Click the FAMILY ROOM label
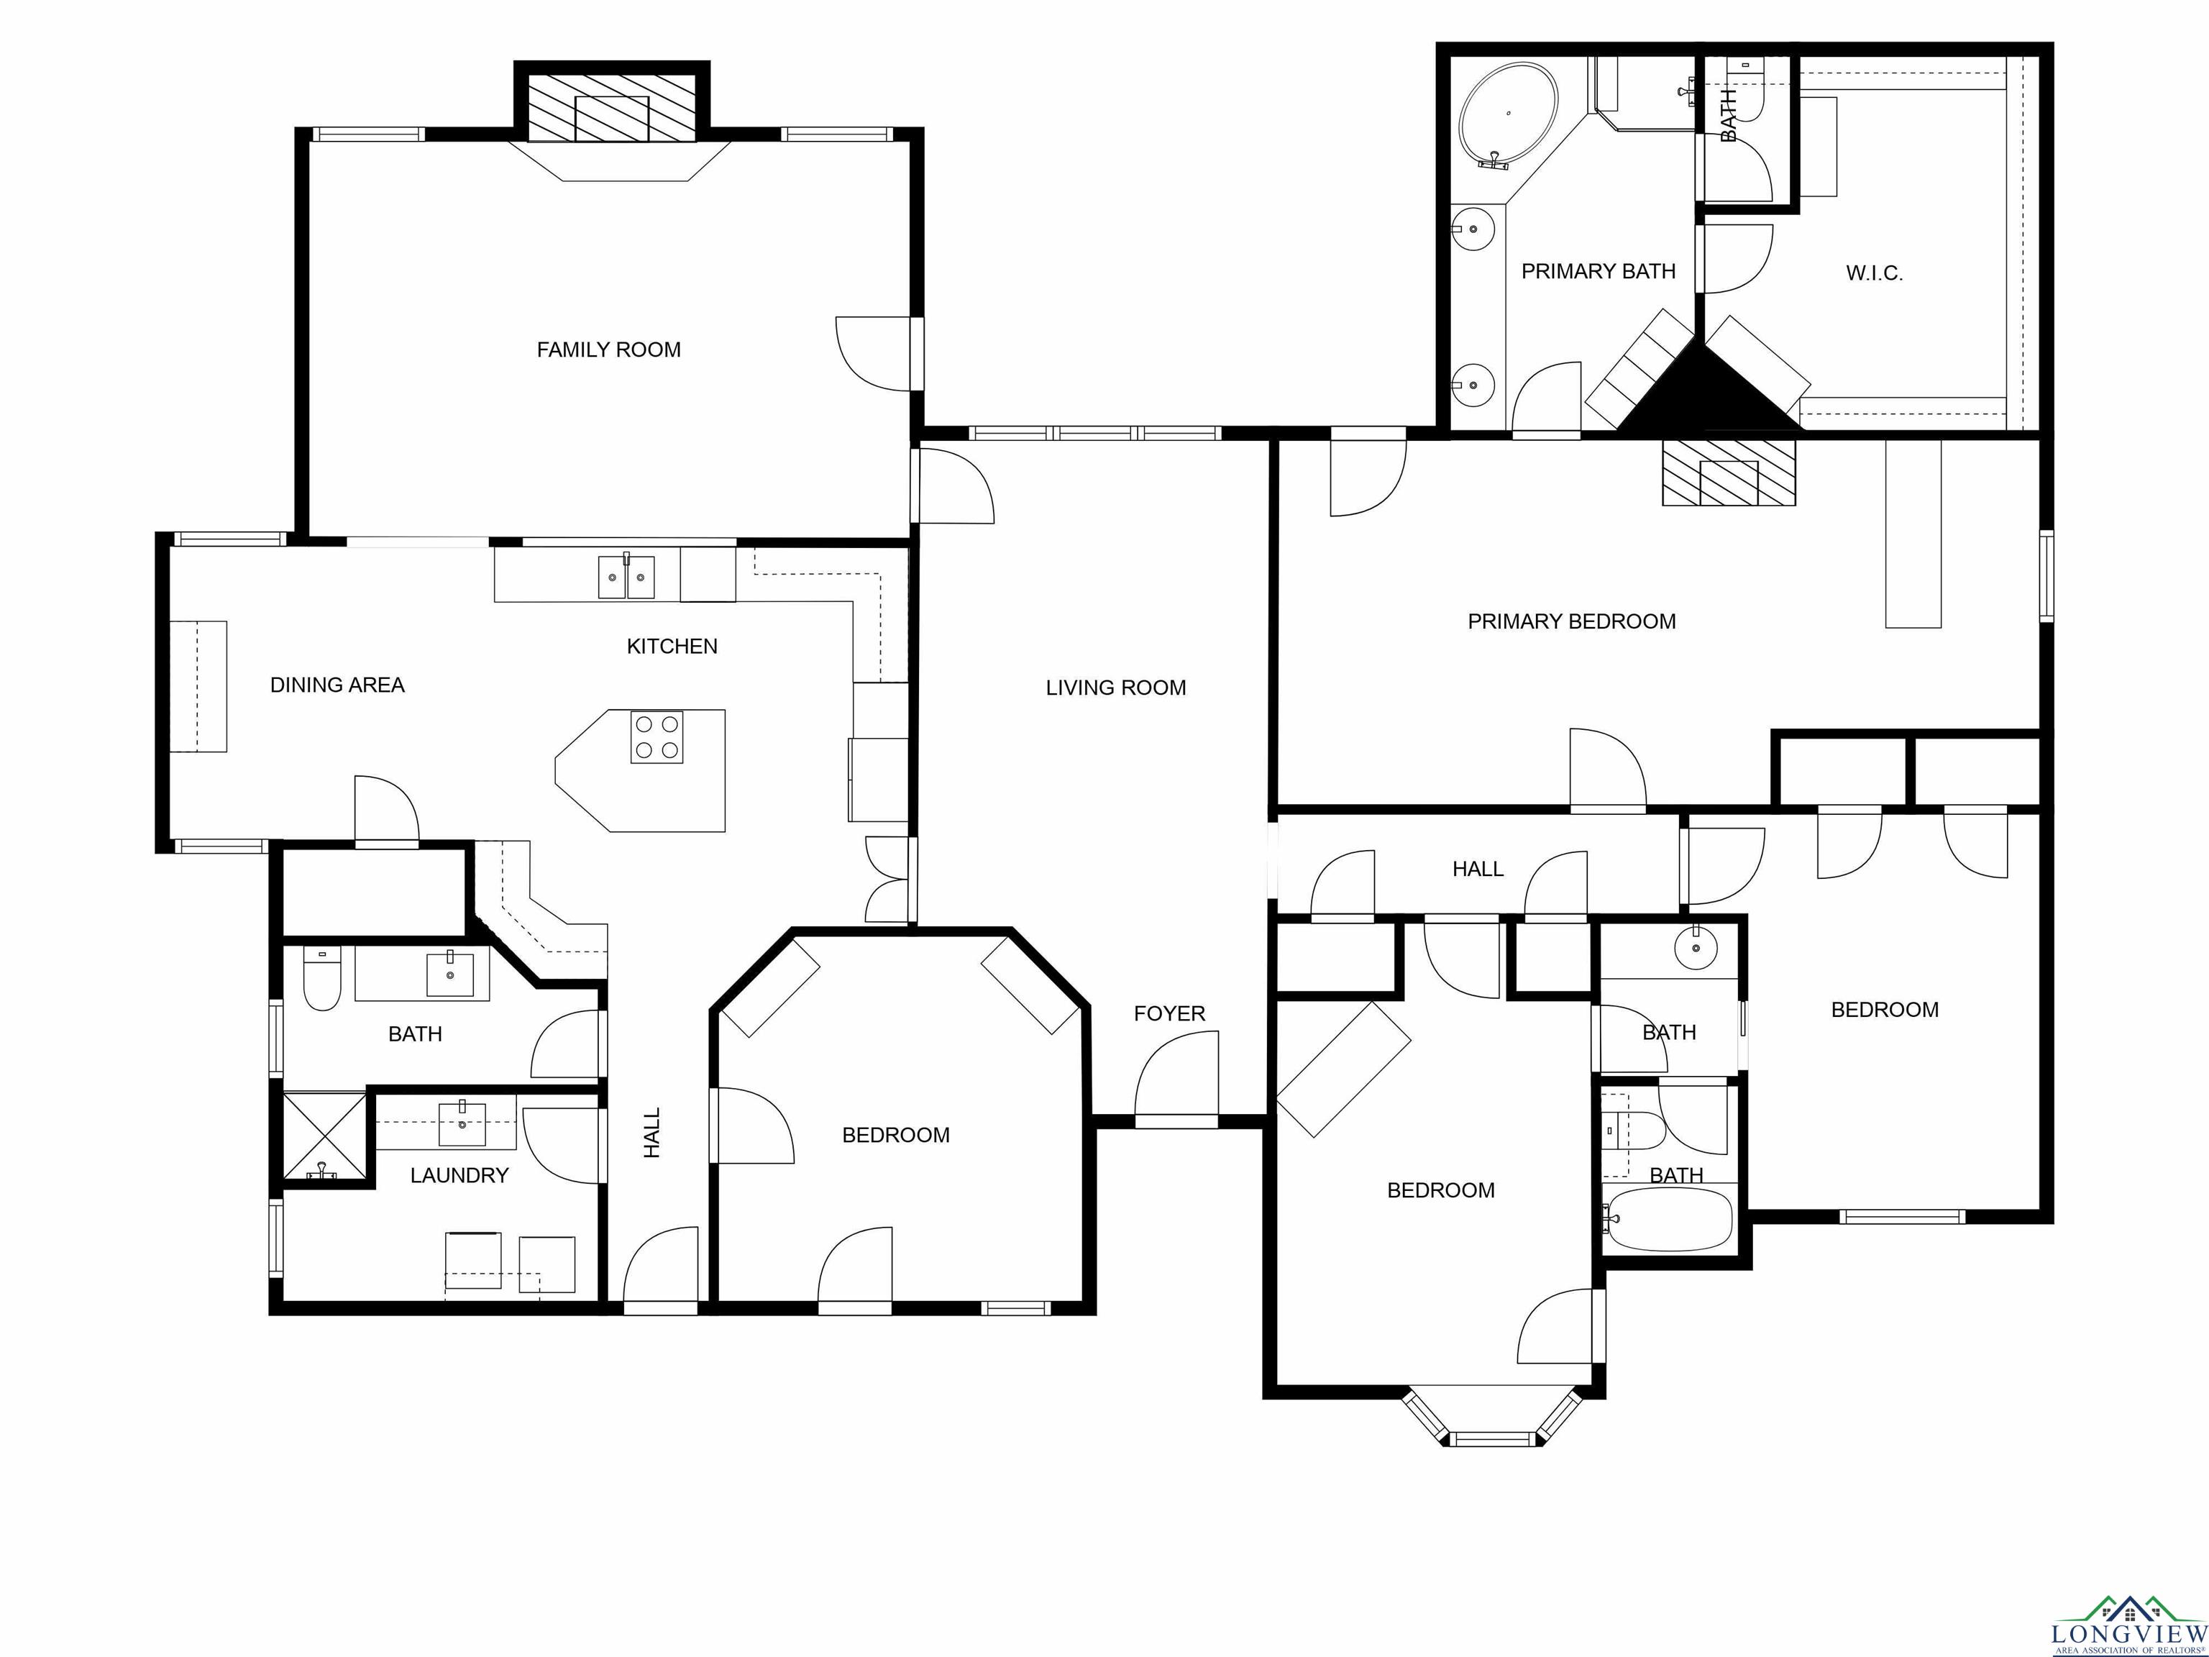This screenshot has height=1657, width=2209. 608,350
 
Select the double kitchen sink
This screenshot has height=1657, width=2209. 626,576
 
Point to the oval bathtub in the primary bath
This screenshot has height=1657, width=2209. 1508,118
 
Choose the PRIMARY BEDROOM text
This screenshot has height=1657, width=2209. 1572,621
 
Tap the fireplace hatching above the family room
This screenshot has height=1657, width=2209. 611,108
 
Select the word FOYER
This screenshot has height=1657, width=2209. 1169,1014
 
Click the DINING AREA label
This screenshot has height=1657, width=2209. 337,685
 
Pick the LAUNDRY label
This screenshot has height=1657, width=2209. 459,1176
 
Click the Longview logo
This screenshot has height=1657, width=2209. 2129,1626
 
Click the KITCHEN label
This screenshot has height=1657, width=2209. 672,647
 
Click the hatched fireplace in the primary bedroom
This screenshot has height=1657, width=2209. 1729,473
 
